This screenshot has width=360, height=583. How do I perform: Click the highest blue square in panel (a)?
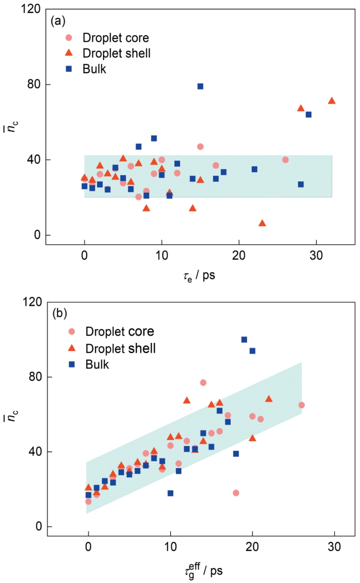tap(200, 86)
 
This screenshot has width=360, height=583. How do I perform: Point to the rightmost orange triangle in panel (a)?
tap(331, 101)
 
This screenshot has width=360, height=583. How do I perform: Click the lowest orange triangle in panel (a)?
tap(262, 223)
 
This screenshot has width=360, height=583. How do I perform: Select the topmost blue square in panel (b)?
tap(244, 340)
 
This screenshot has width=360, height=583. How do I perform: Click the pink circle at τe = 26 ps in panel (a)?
tap(285, 160)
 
